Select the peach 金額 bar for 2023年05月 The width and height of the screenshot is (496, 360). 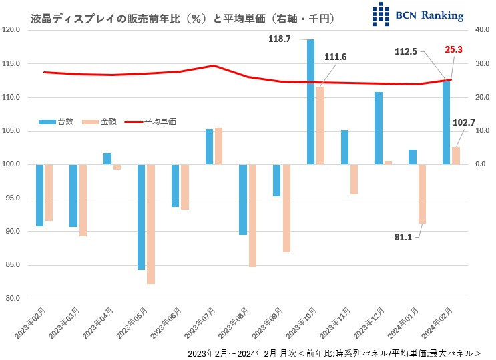[x=151, y=224]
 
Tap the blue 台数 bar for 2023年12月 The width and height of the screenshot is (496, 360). [x=379, y=128]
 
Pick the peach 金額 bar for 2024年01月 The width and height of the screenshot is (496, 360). [x=422, y=194]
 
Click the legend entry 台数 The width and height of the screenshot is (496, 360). [x=57, y=122]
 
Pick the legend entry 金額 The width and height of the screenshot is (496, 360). [x=99, y=122]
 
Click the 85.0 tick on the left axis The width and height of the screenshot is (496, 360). [x=13, y=265]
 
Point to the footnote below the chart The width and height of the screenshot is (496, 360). [x=334, y=351]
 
